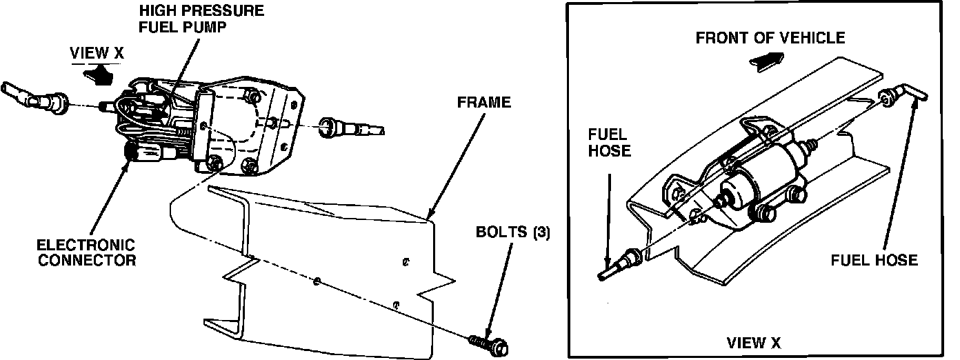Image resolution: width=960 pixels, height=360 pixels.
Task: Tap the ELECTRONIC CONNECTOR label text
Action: (86, 252)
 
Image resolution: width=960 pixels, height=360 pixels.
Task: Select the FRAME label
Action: (484, 103)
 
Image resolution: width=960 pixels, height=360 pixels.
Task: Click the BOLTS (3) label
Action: (513, 232)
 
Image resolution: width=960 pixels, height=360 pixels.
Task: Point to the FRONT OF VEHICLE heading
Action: (770, 37)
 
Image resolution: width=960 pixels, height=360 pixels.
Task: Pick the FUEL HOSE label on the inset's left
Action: (610, 142)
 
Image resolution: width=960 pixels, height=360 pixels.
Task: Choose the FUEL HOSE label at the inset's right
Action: (874, 260)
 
